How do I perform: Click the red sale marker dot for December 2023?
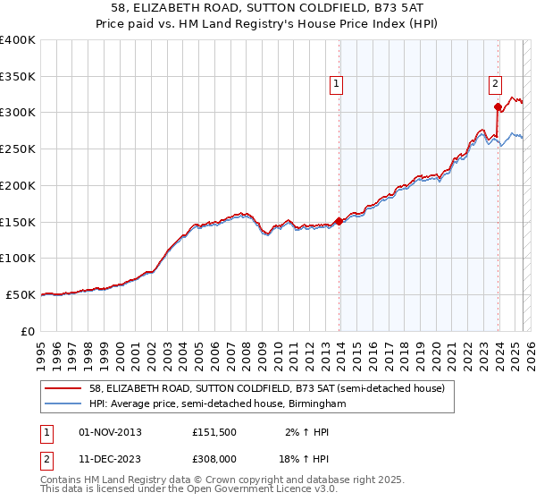[x=498, y=106]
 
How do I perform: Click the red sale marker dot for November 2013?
[x=339, y=220]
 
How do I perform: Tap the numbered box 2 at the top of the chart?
[x=495, y=85]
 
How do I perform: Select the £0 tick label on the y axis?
[x=28, y=331]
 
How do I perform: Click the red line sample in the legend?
[x=64, y=388]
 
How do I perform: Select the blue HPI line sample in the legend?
[x=64, y=403]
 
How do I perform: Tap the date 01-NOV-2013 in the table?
[x=110, y=432]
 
